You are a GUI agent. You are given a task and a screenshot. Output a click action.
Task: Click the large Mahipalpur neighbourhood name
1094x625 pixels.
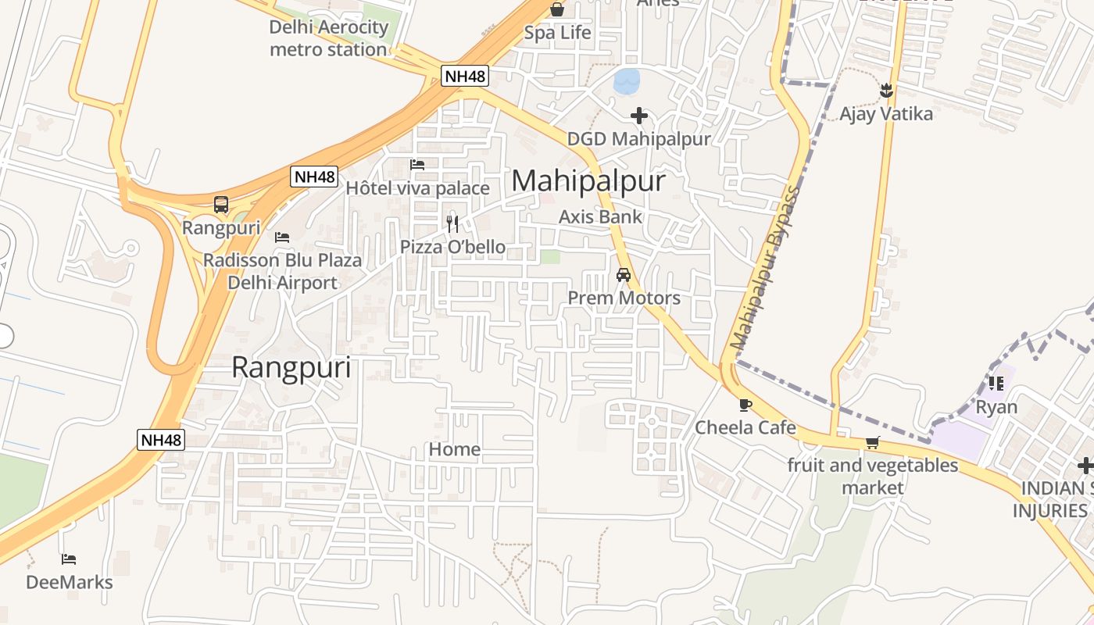click(588, 181)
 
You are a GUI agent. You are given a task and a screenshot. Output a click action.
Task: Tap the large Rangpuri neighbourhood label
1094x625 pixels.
click(291, 367)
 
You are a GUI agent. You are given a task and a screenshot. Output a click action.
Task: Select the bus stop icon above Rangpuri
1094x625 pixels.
click(221, 205)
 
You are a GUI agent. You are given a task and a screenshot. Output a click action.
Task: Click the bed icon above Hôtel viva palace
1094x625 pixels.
click(417, 165)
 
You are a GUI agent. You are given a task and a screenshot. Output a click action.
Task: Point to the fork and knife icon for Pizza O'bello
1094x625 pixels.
click(452, 224)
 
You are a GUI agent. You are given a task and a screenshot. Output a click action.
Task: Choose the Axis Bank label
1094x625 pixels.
click(600, 216)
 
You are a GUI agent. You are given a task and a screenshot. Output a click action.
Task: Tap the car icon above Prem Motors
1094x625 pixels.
click(624, 275)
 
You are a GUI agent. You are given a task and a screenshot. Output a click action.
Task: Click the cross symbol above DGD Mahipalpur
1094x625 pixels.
click(639, 116)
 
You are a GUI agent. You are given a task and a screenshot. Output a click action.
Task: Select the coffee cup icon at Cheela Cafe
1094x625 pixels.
click(745, 405)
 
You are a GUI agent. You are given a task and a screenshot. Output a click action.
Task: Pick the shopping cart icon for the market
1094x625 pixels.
click(873, 443)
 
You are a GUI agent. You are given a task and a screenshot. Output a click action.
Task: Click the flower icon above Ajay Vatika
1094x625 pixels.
click(886, 91)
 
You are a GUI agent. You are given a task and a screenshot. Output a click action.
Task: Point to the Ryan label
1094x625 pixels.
click(996, 407)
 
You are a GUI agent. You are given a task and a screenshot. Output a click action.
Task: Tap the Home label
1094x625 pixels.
click(454, 449)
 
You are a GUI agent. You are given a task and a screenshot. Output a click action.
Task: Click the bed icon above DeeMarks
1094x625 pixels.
click(69, 559)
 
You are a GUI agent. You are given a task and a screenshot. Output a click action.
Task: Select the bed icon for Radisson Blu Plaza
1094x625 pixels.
click(282, 237)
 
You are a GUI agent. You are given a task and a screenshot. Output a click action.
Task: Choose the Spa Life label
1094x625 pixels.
click(557, 33)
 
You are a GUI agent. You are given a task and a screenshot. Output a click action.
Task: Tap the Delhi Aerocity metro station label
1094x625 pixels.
click(328, 38)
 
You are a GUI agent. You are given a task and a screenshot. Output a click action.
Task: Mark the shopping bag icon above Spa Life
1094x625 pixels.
click(557, 9)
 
